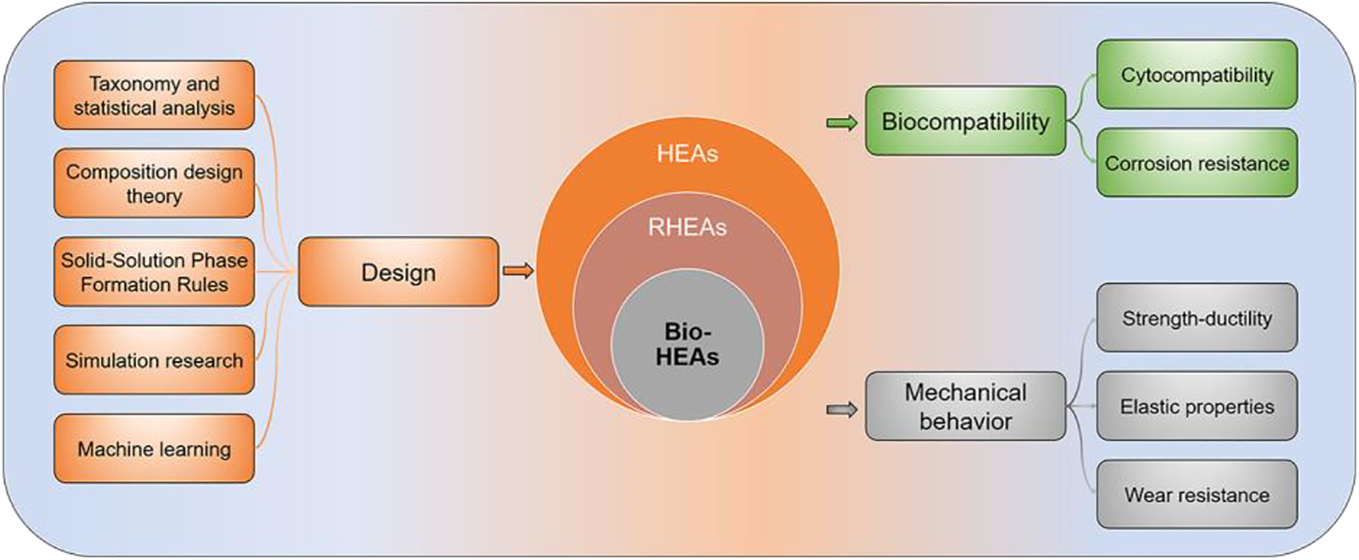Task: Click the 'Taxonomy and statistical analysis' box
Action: [154, 95]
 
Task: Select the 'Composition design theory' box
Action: [154, 184]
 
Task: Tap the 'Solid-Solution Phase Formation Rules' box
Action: [154, 272]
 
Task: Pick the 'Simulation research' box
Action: [154, 360]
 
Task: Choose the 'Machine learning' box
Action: [154, 449]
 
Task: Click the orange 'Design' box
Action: [398, 272]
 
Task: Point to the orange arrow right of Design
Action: [518, 271]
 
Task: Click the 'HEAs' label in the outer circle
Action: [687, 154]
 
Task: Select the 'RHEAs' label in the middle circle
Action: [687, 227]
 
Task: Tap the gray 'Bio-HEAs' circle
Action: [687, 344]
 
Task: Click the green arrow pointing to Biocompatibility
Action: [842, 123]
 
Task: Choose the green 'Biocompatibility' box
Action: [965, 121]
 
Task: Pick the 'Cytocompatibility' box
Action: [1197, 75]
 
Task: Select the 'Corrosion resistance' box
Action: [1197, 163]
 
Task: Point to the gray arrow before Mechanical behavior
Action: [842, 410]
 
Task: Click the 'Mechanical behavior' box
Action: [965, 406]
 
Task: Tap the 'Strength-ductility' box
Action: [1197, 318]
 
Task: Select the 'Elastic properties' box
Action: [1197, 406]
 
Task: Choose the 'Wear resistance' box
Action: [1197, 495]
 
